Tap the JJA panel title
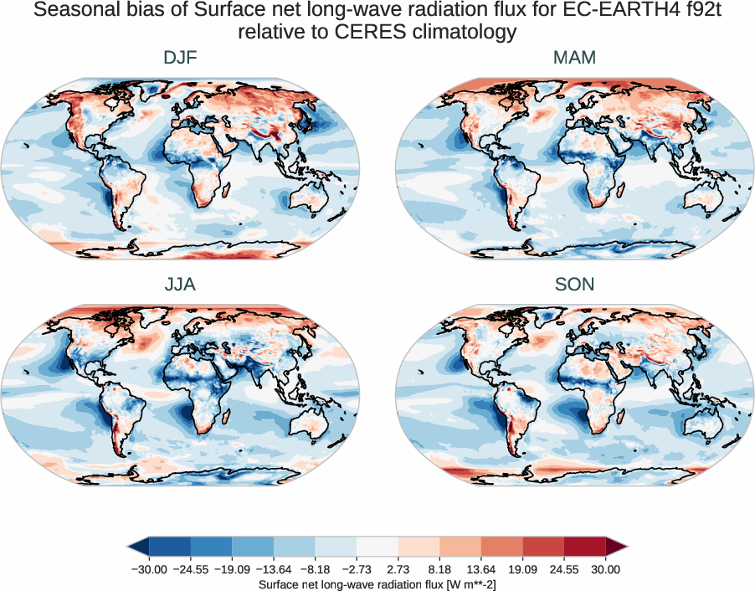tap(180, 285)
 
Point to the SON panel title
tap(574, 285)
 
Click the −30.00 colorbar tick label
tap(147, 569)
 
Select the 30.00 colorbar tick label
tap(605, 569)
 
